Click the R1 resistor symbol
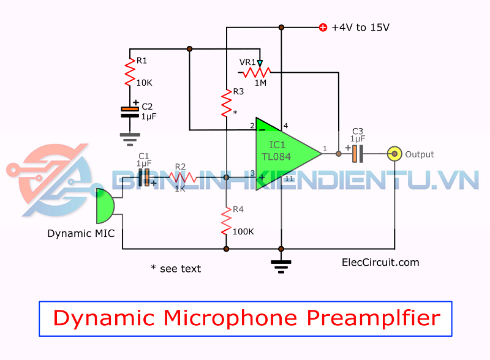pos(130,73)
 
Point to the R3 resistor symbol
pos(227,102)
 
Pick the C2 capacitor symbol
pos(130,111)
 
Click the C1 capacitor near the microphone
pos(145,178)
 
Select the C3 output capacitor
pos(357,153)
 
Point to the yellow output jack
pos(395,154)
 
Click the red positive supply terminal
pos(323,27)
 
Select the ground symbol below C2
pos(130,139)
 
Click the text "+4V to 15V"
pos(361,28)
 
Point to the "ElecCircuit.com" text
pos(380,262)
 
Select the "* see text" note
pos(176,268)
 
